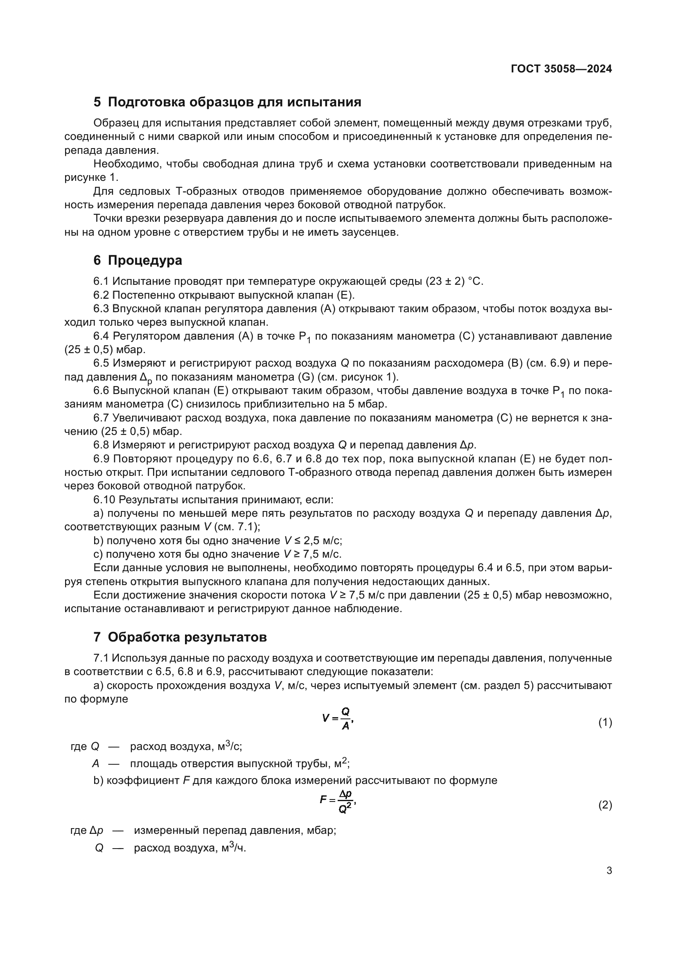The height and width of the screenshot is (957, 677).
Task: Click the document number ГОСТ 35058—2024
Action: (561, 69)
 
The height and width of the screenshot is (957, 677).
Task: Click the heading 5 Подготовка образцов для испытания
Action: (227, 102)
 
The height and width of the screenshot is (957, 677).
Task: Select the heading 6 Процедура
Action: (138, 260)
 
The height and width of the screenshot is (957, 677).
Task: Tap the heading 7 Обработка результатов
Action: (180, 637)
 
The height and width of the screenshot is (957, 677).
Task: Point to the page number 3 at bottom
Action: (609, 871)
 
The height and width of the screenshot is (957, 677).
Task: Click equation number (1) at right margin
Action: (605, 722)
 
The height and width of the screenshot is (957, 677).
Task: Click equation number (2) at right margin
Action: (605, 805)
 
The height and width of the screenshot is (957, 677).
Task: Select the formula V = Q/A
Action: (338, 718)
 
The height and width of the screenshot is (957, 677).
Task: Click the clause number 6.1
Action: (101, 281)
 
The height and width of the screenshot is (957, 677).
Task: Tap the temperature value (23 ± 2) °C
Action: (454, 281)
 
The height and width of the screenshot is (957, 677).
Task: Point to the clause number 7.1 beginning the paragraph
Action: (101, 658)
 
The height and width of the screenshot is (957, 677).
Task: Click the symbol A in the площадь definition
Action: (96, 763)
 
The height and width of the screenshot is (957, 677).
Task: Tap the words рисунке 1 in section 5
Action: (91, 177)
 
